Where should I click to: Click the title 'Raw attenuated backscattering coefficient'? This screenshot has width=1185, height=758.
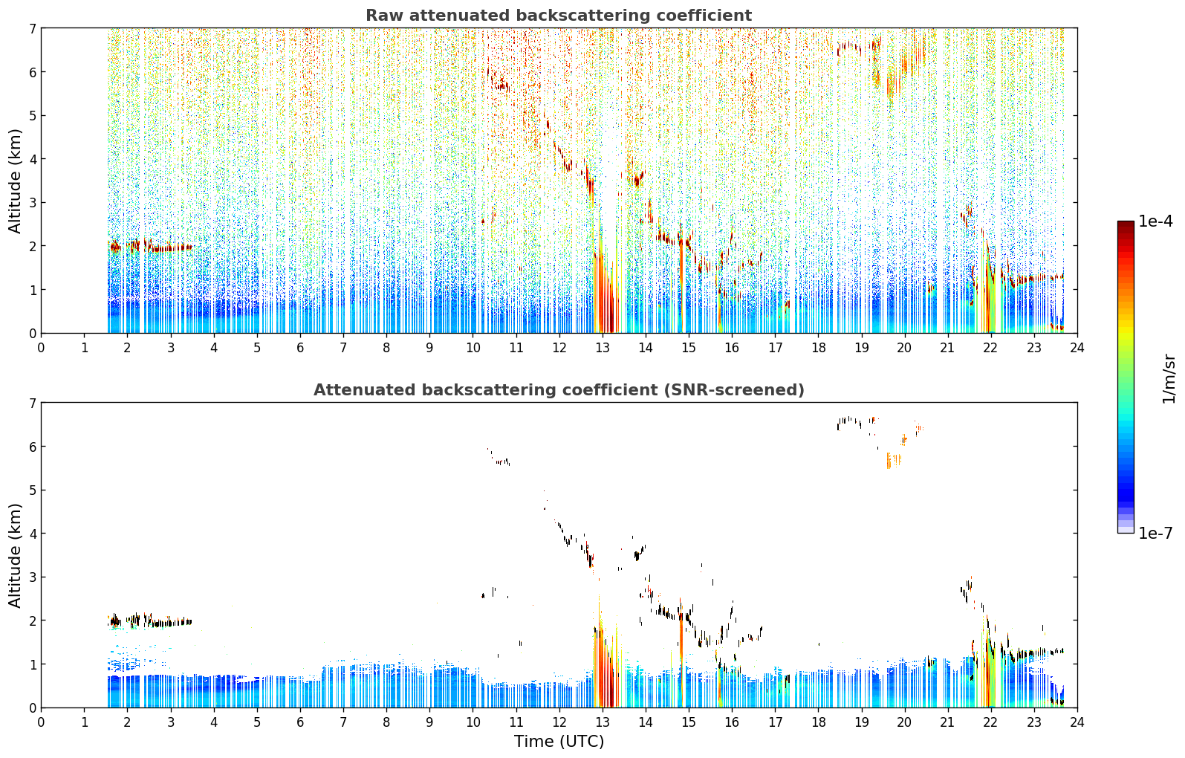tap(559, 16)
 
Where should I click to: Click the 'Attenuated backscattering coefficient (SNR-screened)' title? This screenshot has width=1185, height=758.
tap(559, 389)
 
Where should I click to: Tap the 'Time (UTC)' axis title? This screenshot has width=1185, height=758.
tap(559, 741)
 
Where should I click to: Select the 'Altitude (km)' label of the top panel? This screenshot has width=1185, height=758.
tap(15, 181)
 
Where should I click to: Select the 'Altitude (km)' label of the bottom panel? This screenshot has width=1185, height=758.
tap(15, 555)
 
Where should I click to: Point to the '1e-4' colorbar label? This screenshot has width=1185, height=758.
tap(1155, 221)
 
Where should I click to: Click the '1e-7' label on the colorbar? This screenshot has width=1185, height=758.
tap(1155, 533)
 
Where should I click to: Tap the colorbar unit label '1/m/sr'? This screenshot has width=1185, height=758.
tap(1169, 380)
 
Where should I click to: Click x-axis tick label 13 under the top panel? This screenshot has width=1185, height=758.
tap(602, 348)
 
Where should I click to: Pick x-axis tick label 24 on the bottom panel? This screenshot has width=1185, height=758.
tap(1077, 722)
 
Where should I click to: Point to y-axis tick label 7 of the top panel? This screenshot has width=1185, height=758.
tap(32, 28)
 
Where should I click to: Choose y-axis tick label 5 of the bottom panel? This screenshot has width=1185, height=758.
tap(32, 490)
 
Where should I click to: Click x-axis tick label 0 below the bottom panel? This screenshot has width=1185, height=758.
tap(42, 722)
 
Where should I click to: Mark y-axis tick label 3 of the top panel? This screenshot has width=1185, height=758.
tap(32, 203)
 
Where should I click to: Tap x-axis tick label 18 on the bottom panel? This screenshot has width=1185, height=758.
tap(819, 722)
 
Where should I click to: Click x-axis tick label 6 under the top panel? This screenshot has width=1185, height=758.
tap(300, 348)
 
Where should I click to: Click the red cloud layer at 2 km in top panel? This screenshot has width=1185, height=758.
tap(150, 246)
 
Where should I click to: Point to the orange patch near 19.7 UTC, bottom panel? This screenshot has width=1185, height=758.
tap(894, 461)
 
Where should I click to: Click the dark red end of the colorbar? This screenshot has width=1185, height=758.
tap(1126, 224)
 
